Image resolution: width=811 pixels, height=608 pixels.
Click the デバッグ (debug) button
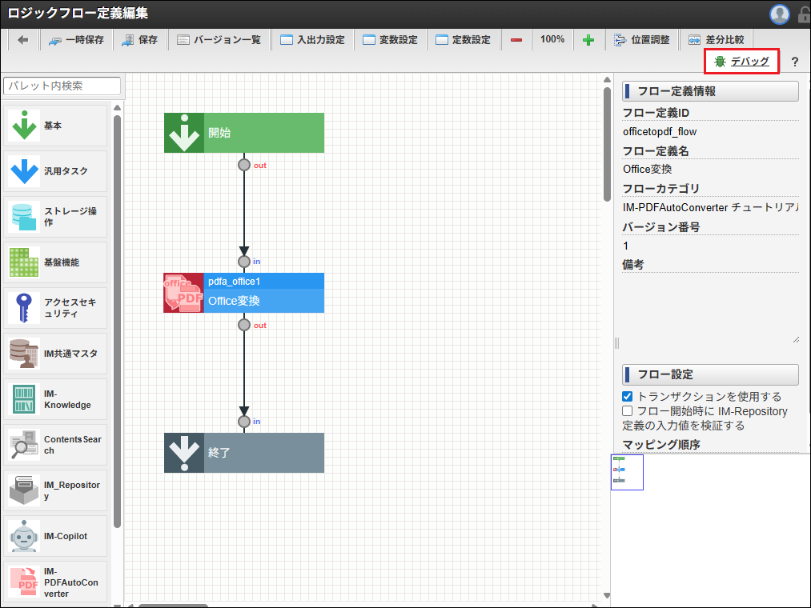tap(742, 62)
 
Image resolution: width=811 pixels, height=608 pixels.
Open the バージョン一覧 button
tap(219, 39)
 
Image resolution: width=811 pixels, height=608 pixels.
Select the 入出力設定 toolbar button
tap(312, 39)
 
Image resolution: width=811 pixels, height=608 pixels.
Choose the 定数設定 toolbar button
tap(464, 39)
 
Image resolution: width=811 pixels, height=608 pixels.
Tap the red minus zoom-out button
tap(516, 40)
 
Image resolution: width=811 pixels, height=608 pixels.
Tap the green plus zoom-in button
tap(588, 40)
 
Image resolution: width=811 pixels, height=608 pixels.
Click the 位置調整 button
tap(641, 39)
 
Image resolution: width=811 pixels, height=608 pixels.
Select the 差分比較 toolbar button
tap(716, 39)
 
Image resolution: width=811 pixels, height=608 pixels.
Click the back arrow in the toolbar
tap(22, 39)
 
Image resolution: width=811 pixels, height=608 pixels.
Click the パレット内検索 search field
tap(62, 86)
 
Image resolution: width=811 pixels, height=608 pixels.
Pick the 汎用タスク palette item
tap(55, 171)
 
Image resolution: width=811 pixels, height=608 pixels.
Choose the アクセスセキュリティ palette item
tap(55, 308)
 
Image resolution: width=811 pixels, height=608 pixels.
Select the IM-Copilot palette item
tap(55, 536)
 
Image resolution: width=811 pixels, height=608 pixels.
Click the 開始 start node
tap(244, 133)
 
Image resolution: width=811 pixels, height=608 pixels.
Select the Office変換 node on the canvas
tap(244, 293)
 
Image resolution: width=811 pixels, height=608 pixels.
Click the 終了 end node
tap(244, 453)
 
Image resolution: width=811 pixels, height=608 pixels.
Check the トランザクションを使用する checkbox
tap(628, 397)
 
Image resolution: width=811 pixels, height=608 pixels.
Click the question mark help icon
tap(794, 62)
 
